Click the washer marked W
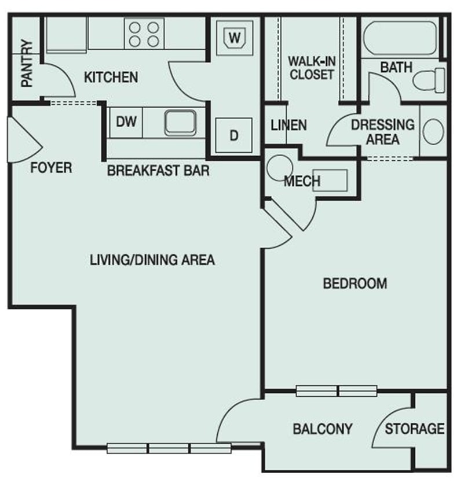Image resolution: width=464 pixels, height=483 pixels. [235, 38]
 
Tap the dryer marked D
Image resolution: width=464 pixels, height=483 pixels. [234, 135]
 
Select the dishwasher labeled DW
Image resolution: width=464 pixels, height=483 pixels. [126, 122]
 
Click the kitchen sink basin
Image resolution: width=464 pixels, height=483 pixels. [181, 123]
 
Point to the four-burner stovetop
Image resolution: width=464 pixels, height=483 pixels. [144, 34]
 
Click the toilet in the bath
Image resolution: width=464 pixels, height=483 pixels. [429, 80]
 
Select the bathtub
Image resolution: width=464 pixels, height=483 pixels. [400, 38]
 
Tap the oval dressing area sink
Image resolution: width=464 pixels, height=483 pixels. [433, 131]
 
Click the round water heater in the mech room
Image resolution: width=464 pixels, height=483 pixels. [280, 168]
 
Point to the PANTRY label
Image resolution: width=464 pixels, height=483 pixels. [27, 63]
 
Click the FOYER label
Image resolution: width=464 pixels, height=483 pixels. [51, 168]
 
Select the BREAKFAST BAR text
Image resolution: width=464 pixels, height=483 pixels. [158, 170]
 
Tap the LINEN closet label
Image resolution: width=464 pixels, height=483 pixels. [288, 126]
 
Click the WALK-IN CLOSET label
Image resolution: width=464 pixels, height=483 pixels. [312, 68]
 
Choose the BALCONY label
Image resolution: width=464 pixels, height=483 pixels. [323, 429]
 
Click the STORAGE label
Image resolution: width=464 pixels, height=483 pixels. [415, 429]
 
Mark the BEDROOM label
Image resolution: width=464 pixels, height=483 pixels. [355, 283]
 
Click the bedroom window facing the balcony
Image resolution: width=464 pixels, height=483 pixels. [337, 391]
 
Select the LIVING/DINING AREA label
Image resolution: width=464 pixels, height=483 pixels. [152, 260]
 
